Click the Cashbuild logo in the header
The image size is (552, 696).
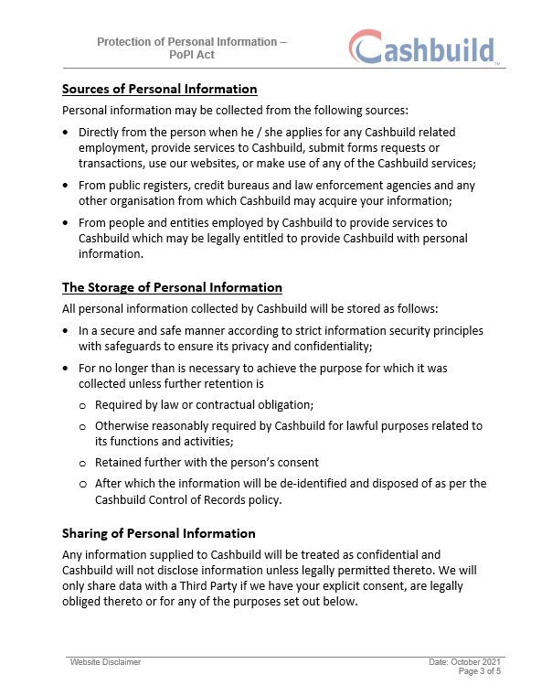[423, 47]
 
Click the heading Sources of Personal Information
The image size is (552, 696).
[159, 89]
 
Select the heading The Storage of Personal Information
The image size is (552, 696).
[172, 287]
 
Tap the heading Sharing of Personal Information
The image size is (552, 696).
[158, 533]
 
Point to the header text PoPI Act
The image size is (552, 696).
[192, 55]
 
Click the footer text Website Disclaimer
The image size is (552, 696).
[105, 661]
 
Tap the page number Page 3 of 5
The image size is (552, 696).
[479, 670]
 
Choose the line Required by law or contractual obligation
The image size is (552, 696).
[204, 404]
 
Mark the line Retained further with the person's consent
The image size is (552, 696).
[207, 462]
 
